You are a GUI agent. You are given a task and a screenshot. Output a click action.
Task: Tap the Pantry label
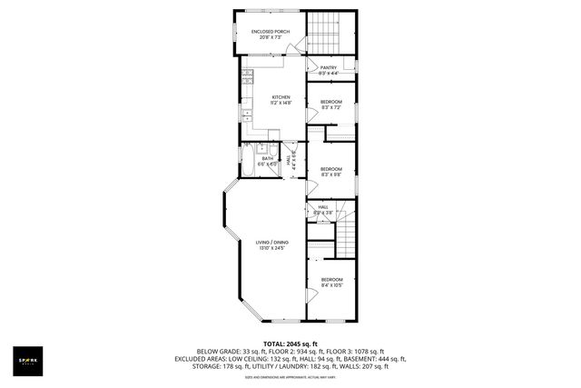[329, 68]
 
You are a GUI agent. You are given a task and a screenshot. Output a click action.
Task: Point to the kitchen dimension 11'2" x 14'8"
[281, 103]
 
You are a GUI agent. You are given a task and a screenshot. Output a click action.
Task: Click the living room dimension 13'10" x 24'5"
[272, 248]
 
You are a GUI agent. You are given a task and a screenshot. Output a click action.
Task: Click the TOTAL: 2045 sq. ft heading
[290, 343]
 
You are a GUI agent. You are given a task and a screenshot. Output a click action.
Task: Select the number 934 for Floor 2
[300, 351]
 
